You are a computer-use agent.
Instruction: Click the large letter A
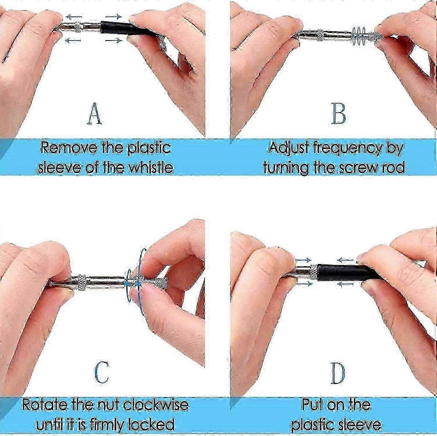tap(95, 114)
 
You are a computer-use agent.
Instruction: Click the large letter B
tap(339, 113)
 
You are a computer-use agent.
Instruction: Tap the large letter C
tap(102, 372)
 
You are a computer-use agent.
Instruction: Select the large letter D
tap(338, 374)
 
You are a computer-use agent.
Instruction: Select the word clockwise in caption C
tap(156, 405)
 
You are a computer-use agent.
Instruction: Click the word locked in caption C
tap(151, 424)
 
